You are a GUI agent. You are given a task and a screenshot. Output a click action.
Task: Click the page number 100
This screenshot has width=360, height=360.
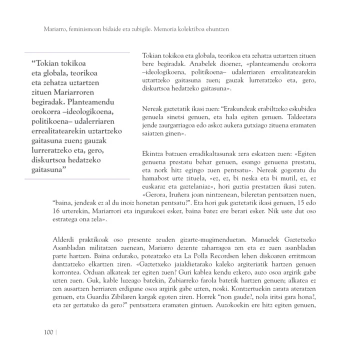[x=48, y=332]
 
